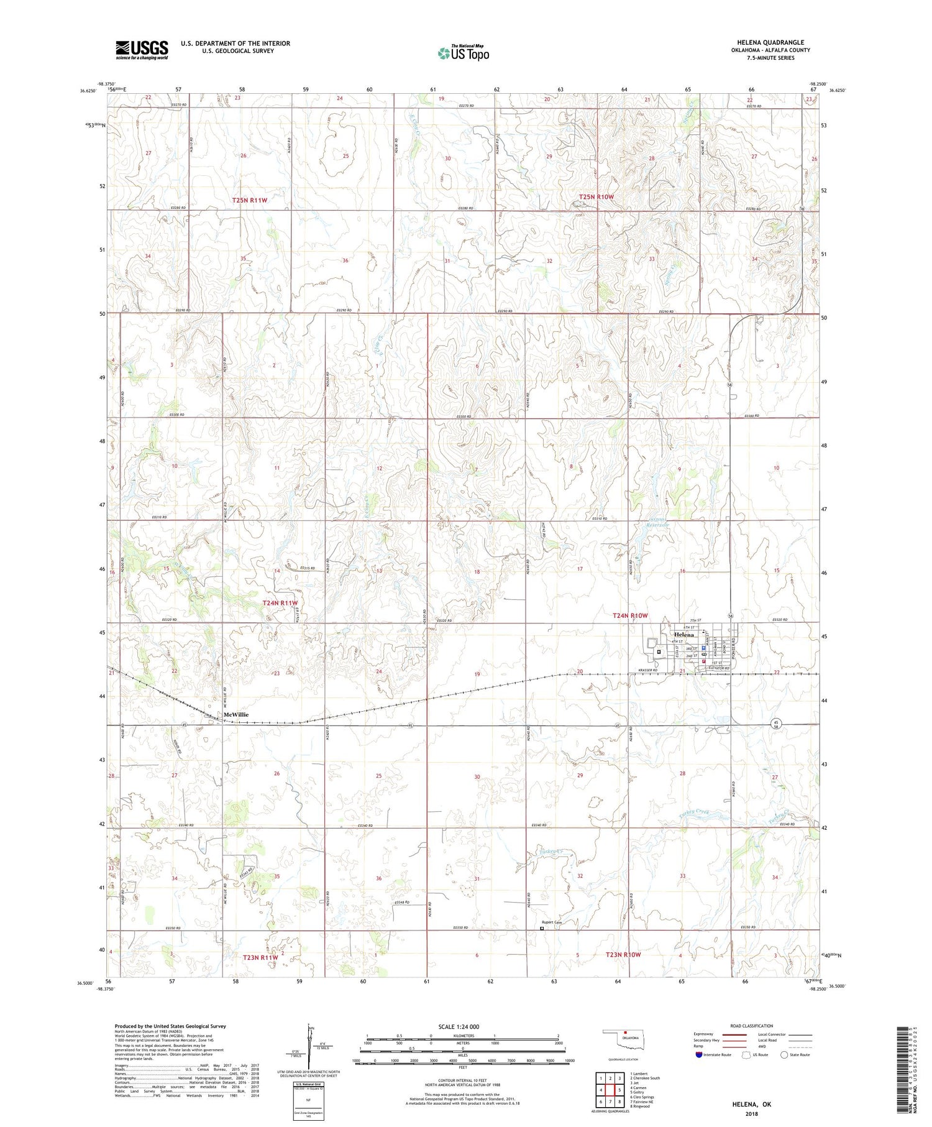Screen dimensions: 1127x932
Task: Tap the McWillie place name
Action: (235, 715)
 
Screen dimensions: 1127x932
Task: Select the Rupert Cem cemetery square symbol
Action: (542, 929)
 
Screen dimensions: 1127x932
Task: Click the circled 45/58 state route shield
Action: (775, 724)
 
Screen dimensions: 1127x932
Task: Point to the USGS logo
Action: (142, 50)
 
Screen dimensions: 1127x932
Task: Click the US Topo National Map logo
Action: (464, 53)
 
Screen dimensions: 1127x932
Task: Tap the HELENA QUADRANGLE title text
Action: (770, 43)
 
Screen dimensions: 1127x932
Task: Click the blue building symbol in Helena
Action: (703, 647)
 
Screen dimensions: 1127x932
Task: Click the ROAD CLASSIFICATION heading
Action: (752, 1026)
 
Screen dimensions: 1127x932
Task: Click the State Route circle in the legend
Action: (785, 1055)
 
